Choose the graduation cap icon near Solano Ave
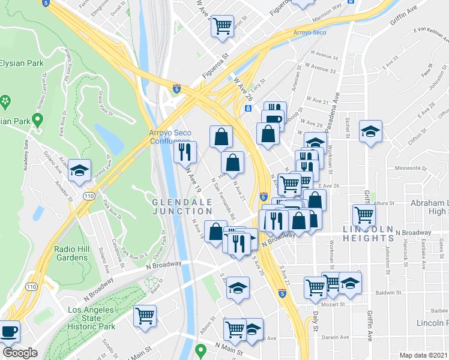click(79, 170)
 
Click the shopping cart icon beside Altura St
click(364, 214)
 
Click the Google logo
click(20, 353)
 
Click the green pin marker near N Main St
click(202, 349)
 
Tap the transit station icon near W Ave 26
click(247, 109)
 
